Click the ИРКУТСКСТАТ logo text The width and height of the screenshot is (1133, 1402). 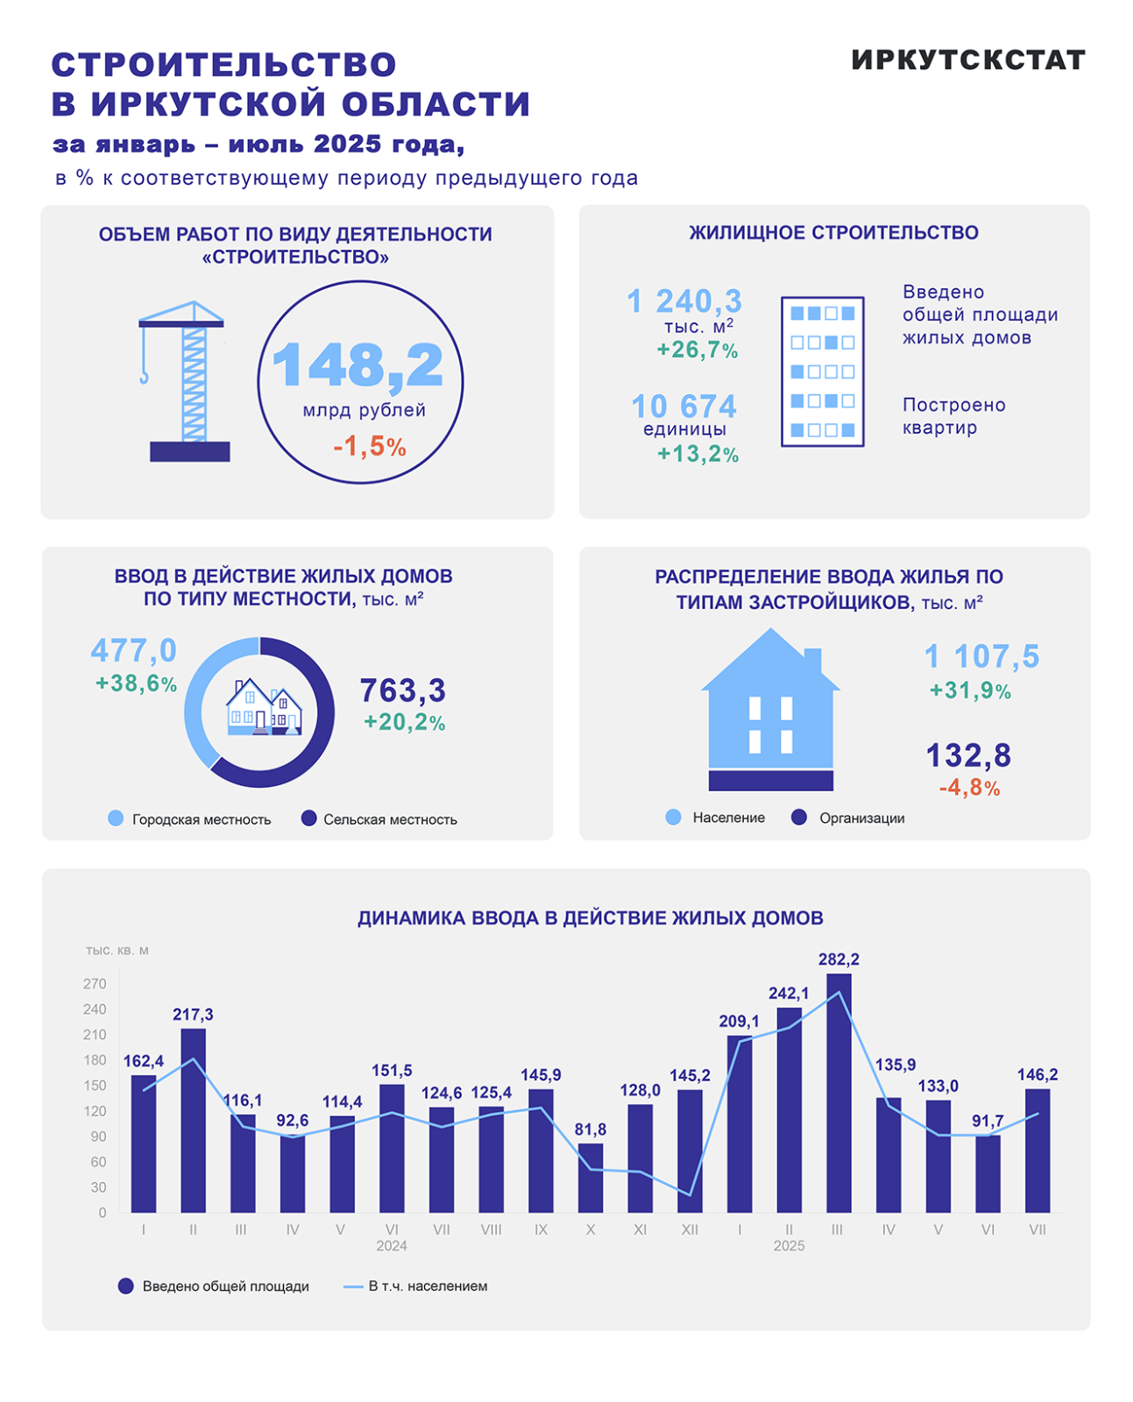968,60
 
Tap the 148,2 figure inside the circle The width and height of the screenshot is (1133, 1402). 358,365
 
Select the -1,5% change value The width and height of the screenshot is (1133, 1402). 369,447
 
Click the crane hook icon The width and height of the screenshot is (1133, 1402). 144,376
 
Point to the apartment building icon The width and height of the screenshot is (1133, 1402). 822,372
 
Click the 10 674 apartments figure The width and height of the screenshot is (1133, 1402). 683,407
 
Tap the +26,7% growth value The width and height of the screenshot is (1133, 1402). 698,350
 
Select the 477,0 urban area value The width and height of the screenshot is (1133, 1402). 133,651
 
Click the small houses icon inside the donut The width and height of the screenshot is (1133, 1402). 263,708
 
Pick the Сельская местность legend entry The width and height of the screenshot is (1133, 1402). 379,819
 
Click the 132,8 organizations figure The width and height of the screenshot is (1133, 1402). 968,755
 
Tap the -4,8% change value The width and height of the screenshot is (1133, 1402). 969,788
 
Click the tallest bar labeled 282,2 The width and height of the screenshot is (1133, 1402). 839,1093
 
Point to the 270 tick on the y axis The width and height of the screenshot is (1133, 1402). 95,984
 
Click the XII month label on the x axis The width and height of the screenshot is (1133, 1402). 690,1229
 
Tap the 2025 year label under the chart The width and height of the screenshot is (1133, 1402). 789,1246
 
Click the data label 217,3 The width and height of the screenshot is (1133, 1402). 193,1015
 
